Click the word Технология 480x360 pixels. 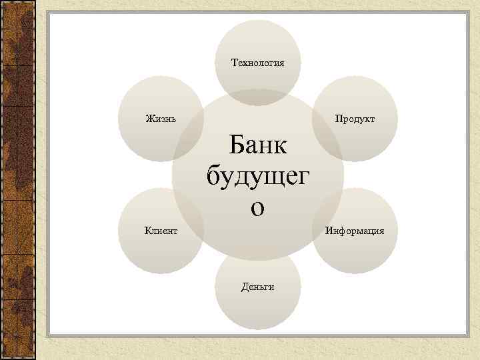pyautogui.click(x=257, y=63)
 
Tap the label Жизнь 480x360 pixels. pyautogui.click(x=161, y=119)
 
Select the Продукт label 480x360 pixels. pyautogui.click(x=355, y=119)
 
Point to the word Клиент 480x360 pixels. pyautogui.click(x=161, y=231)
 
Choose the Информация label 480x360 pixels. pyautogui.click(x=355, y=231)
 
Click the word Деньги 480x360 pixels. pyautogui.click(x=257, y=287)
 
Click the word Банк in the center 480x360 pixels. pyautogui.click(x=257, y=145)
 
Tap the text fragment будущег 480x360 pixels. pyautogui.click(x=257, y=177)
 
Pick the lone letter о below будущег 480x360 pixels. pyautogui.click(x=257, y=207)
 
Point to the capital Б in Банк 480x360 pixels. pyautogui.click(x=235, y=145)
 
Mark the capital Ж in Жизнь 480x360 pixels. pyautogui.click(x=149, y=119)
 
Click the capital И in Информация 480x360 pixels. pyautogui.click(x=328, y=231)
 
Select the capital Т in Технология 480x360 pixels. pyautogui.click(x=233, y=63)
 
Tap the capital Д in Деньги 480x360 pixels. pyautogui.click(x=243, y=287)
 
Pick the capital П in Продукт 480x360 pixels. pyautogui.click(x=337, y=119)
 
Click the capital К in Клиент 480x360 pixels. pyautogui.click(x=147, y=231)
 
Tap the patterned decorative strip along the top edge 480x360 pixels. pyautogui.click(x=240, y=5)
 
